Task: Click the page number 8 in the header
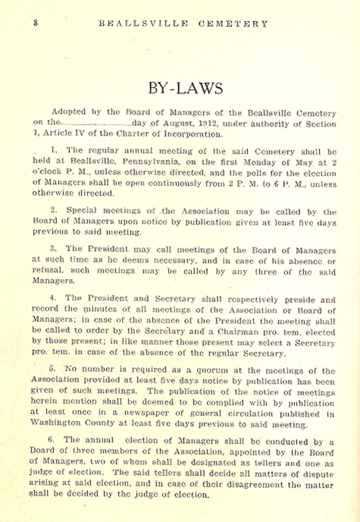37,23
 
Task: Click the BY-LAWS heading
180,88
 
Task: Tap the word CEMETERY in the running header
233,23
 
